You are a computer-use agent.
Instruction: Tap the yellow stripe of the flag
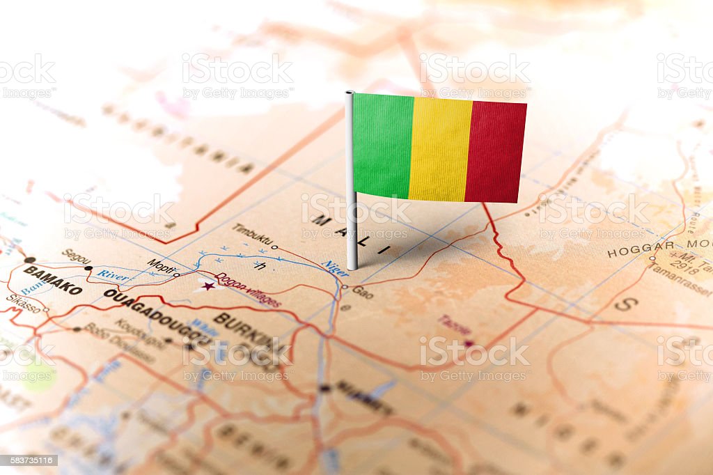(440, 148)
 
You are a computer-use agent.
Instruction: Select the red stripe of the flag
(495, 152)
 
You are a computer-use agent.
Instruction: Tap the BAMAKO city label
(52, 279)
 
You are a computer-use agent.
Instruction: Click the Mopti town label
(161, 266)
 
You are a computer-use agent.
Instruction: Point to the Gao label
(362, 293)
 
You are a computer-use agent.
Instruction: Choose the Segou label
(76, 256)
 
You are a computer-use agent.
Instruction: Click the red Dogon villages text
(247, 290)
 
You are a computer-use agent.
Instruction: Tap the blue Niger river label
(336, 268)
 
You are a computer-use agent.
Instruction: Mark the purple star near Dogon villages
(207, 286)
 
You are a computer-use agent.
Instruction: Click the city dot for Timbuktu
(274, 247)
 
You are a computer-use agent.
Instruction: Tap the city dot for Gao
(344, 286)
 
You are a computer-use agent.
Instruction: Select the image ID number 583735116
(29, 460)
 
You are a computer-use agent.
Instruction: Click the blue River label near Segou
(112, 275)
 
